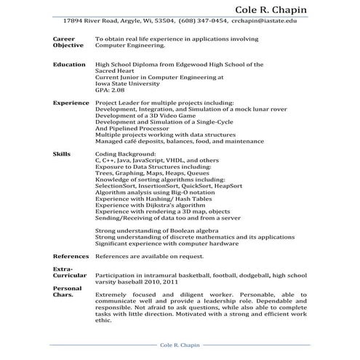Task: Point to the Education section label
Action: (x=69, y=64)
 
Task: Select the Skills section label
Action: (x=62, y=155)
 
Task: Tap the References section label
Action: (x=71, y=257)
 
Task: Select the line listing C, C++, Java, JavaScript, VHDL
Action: (x=157, y=161)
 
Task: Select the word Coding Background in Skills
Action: (x=125, y=155)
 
